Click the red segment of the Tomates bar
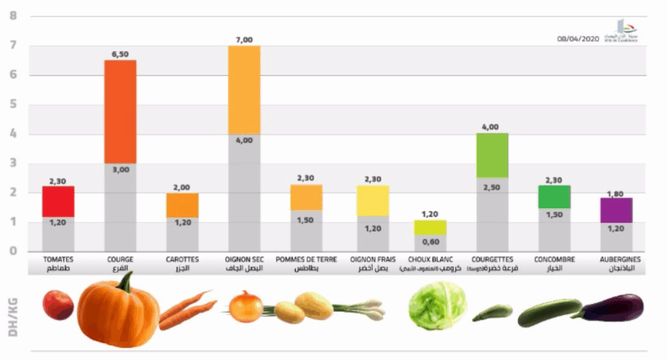point(58,201)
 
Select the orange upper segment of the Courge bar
point(120,111)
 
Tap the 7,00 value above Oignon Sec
point(244,40)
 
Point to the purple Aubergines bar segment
point(616,210)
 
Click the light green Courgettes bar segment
point(492,155)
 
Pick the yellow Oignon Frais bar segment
point(373,201)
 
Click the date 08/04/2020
point(577,39)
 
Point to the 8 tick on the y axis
point(13,16)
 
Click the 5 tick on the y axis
point(13,105)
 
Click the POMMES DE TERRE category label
point(306,259)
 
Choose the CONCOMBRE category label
point(554,259)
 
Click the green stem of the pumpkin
point(124,282)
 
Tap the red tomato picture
point(58,305)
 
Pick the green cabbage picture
point(437,305)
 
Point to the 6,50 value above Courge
point(120,55)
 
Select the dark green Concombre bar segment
point(554,197)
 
